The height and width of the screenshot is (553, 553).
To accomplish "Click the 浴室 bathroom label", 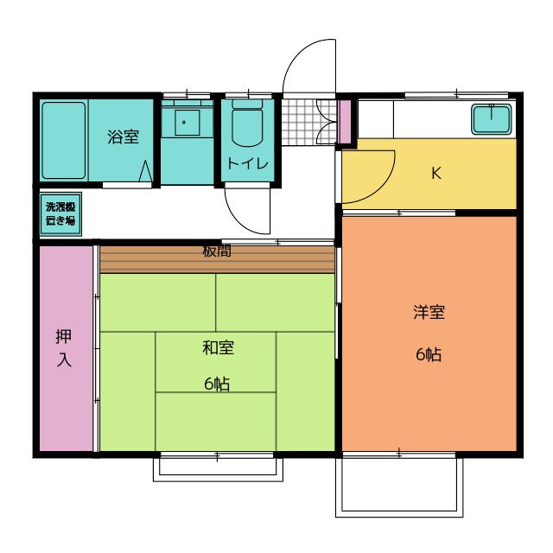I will click(x=123, y=137).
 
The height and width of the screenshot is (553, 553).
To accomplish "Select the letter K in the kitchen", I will click(x=436, y=173).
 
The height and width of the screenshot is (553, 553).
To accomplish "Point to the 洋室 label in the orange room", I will click(x=429, y=313).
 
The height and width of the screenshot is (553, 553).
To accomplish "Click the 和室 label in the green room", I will click(x=218, y=348).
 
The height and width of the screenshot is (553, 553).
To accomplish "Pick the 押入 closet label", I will click(x=64, y=347).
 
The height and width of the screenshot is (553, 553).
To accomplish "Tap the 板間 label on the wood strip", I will click(x=217, y=251).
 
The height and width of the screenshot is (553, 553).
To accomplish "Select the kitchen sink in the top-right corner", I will click(x=493, y=118).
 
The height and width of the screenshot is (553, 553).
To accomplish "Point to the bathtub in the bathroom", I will click(x=64, y=140).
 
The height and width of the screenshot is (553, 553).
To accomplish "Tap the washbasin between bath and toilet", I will click(x=186, y=122).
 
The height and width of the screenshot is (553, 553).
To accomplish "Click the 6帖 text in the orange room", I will click(x=429, y=354).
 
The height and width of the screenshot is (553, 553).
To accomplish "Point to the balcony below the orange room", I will click(x=399, y=486).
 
